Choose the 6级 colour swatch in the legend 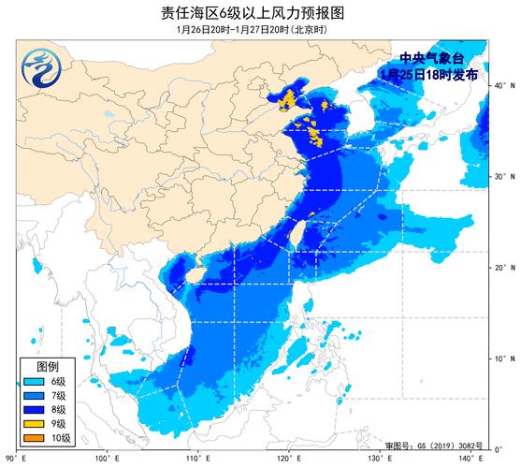click(33, 381)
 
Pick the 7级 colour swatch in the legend click(33, 396)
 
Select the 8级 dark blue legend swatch click(33, 410)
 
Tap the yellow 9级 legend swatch click(33, 425)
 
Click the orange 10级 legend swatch click(33, 439)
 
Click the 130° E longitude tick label click(380, 459)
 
